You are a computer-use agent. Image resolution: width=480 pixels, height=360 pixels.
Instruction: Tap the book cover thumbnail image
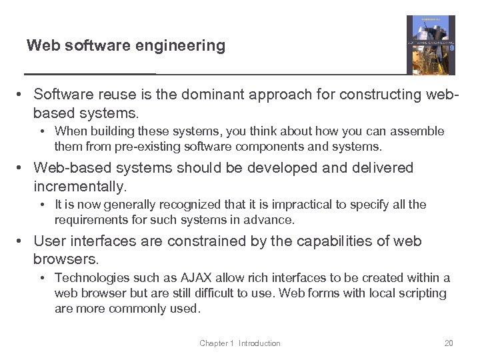[x=431, y=45]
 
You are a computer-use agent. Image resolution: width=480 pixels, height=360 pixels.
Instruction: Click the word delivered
[x=368, y=168]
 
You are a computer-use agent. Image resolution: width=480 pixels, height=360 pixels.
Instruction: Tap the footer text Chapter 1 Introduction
[x=240, y=343]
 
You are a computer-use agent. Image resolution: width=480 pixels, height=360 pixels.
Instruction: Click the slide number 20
[x=449, y=343]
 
